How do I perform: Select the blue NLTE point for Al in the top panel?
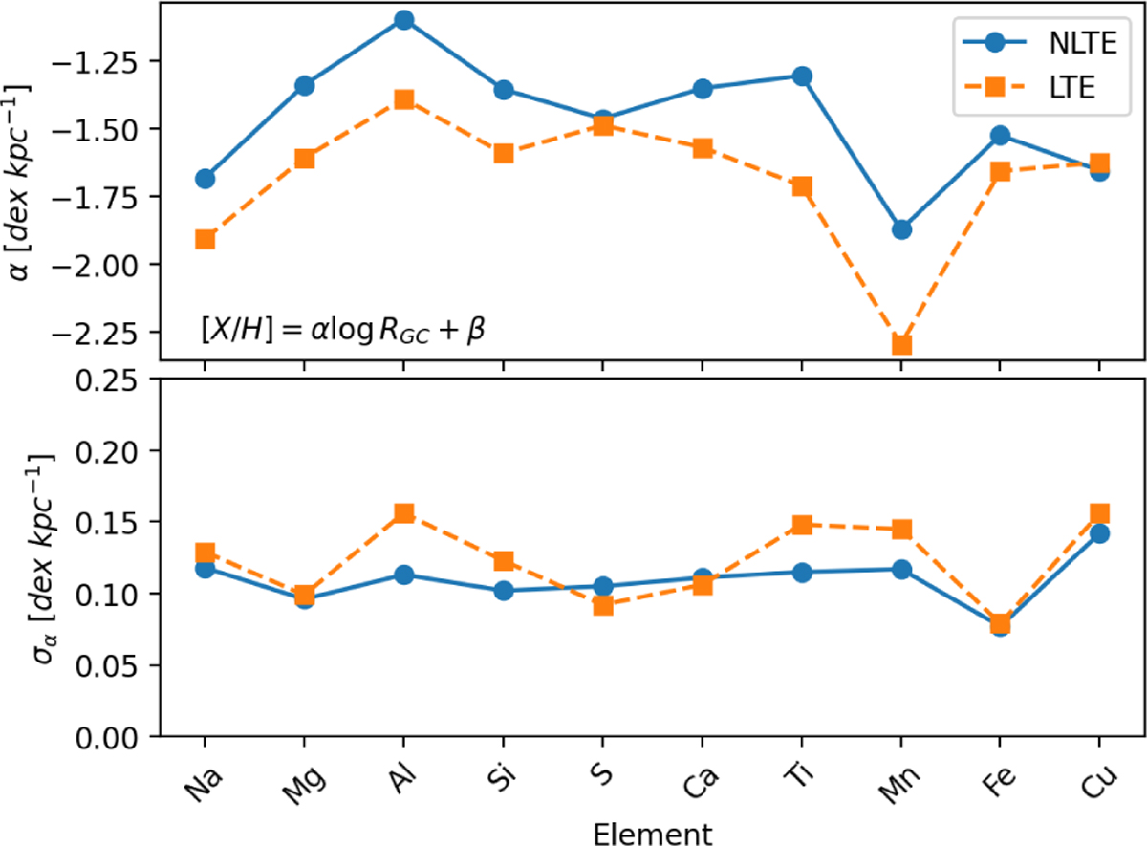[x=403, y=20]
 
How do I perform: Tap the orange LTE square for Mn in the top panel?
[x=901, y=344]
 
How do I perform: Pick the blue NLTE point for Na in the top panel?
[x=205, y=178]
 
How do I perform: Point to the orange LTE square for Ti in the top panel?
[x=802, y=186]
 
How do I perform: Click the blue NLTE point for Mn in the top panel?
[x=901, y=229]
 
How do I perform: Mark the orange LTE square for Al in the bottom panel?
[x=403, y=514]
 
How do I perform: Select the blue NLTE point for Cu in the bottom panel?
[x=1100, y=533]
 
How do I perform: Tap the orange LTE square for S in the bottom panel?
[x=603, y=605]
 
